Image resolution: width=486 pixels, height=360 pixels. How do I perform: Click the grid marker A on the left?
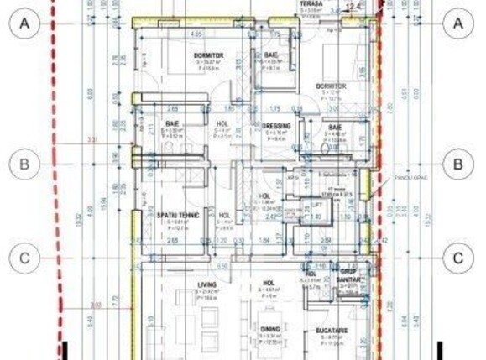pyautogui.click(x=26, y=25)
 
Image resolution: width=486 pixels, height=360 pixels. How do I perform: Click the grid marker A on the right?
pyautogui.click(x=458, y=25)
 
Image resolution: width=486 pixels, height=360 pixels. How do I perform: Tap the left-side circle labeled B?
pyautogui.click(x=26, y=164)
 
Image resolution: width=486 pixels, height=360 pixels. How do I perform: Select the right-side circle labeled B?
pyautogui.click(x=458, y=164)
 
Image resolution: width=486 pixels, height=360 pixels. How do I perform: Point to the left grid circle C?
pyautogui.click(x=26, y=258)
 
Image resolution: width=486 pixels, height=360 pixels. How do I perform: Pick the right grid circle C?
pyautogui.click(x=458, y=258)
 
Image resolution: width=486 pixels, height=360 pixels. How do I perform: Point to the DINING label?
pyautogui.click(x=269, y=329)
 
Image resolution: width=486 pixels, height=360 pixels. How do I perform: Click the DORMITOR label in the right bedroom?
pyautogui.click(x=332, y=86)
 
